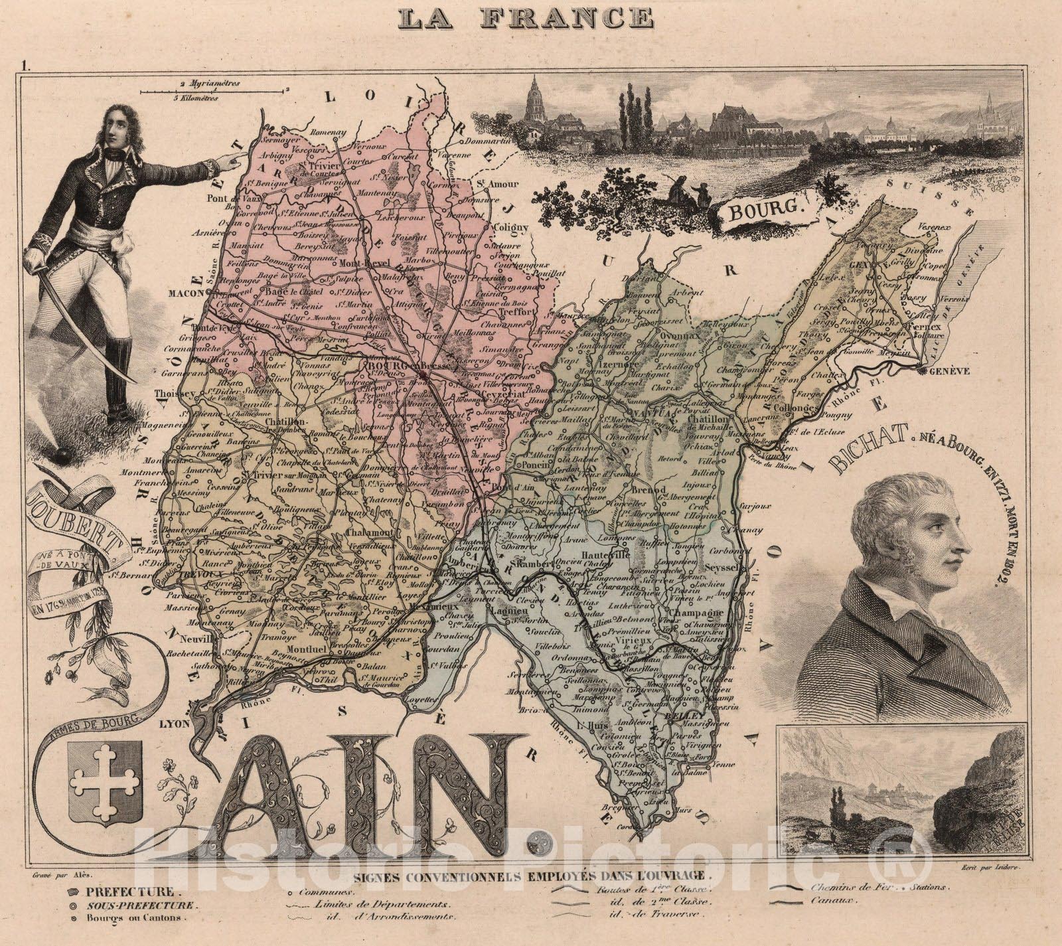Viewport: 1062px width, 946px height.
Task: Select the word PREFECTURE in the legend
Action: (125, 892)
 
